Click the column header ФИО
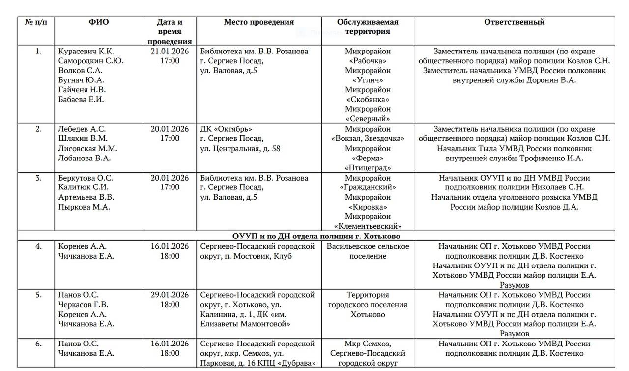click(x=99, y=22)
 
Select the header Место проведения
click(x=258, y=22)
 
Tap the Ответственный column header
click(x=514, y=22)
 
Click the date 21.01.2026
click(x=170, y=51)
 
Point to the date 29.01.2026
click(x=170, y=295)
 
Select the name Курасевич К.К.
click(x=86, y=51)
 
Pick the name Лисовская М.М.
click(x=87, y=148)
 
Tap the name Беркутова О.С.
click(x=85, y=178)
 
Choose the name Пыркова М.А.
click(x=84, y=207)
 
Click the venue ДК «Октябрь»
click(x=226, y=129)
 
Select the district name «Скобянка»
click(x=368, y=99)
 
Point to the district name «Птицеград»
click(x=368, y=167)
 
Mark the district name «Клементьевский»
click(x=368, y=226)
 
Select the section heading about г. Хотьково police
click(x=316, y=236)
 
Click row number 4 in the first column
click(x=38, y=246)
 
